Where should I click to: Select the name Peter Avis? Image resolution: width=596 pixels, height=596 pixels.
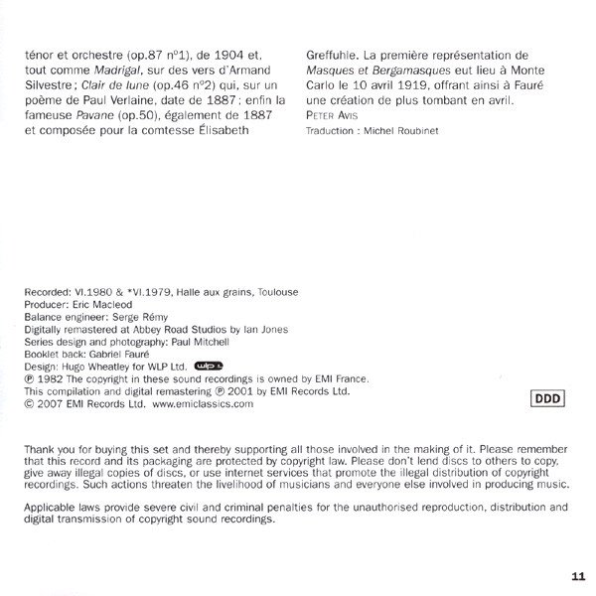tap(333, 116)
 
